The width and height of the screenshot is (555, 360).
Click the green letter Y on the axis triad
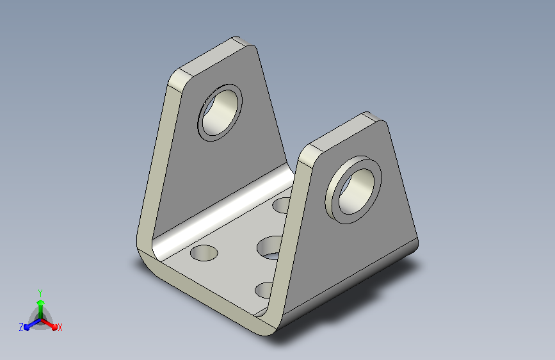40,293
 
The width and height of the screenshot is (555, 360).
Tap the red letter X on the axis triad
60,327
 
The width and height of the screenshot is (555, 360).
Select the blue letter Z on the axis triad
21,327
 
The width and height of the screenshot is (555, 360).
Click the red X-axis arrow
49,324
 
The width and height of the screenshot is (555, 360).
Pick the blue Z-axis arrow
33,324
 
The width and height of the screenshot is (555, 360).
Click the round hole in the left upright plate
220,113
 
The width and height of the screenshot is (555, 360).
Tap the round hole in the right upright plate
357,192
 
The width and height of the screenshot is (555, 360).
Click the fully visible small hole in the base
204,252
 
